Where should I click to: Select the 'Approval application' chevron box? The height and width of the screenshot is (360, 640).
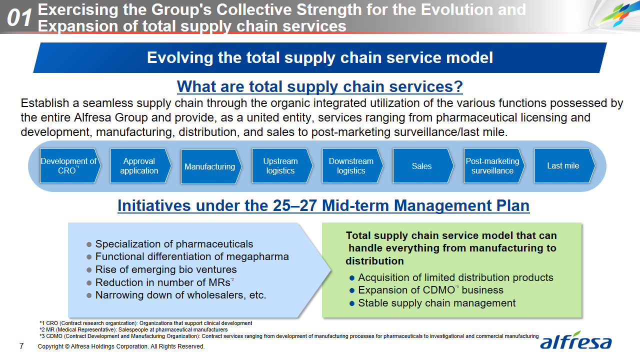(x=140, y=165)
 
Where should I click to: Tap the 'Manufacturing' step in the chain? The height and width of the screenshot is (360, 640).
(x=211, y=166)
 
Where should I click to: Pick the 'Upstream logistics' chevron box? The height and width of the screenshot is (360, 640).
(x=282, y=165)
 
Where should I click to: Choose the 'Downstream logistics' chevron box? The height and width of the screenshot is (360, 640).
(x=352, y=165)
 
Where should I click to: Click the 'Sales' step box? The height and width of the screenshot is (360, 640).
(x=423, y=165)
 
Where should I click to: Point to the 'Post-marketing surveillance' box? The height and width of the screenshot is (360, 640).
(x=494, y=165)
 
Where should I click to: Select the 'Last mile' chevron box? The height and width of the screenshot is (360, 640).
(x=564, y=165)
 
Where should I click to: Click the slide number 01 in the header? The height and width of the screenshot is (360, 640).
(x=19, y=17)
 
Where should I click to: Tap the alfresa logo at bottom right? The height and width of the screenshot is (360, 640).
(x=575, y=340)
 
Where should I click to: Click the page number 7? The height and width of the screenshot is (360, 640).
(x=21, y=346)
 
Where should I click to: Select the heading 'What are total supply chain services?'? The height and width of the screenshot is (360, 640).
(x=319, y=86)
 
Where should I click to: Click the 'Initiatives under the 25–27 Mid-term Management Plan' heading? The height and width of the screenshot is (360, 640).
(x=323, y=205)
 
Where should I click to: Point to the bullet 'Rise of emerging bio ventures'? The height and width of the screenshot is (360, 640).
(x=161, y=269)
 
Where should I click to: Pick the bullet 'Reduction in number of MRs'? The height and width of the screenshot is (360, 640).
(x=160, y=282)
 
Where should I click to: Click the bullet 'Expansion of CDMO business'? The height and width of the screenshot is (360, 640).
(x=426, y=290)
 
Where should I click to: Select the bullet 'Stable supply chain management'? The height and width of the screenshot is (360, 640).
(x=432, y=303)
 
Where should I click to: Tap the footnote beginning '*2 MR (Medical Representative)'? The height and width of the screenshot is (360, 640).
(x=133, y=329)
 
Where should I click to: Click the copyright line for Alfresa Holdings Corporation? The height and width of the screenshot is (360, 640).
(x=121, y=346)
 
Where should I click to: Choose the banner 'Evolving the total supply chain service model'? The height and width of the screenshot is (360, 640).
(x=319, y=57)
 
